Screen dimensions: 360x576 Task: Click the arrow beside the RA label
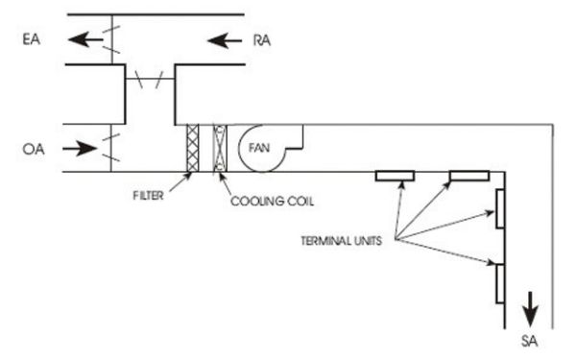coord(222,40)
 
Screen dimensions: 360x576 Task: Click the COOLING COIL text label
coord(272,204)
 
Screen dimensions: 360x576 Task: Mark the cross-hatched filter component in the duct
coord(191,148)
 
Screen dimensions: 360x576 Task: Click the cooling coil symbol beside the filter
coord(220,148)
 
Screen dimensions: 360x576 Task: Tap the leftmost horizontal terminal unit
coord(394,177)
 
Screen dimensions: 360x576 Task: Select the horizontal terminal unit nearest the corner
coord(468,177)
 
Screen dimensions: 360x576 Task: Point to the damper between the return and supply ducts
coord(148,82)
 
